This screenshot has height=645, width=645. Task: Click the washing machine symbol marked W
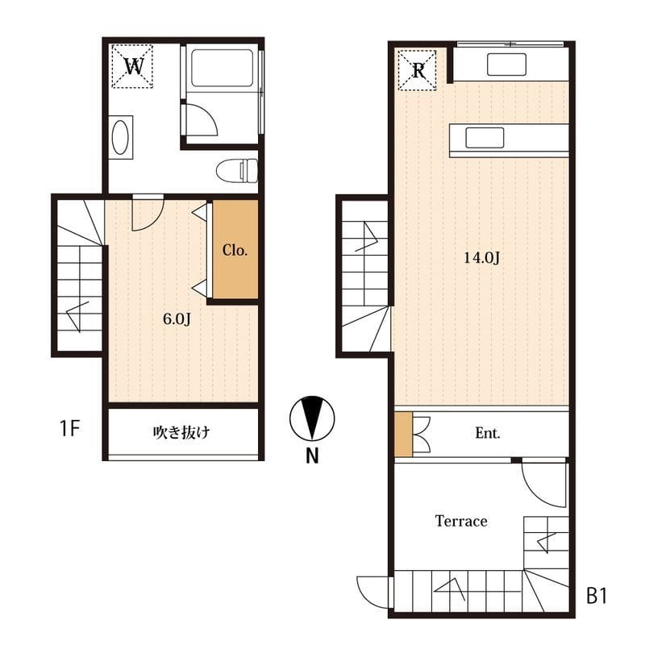click(132, 66)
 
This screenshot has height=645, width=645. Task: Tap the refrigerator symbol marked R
click(418, 70)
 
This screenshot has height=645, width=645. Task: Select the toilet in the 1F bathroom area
click(237, 171)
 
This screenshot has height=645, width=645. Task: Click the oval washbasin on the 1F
click(120, 137)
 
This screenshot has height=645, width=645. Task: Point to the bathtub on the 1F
click(223, 69)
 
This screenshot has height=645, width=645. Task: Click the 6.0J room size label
click(177, 318)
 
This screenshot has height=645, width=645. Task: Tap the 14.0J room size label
click(481, 258)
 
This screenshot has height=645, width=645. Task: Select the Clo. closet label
click(235, 250)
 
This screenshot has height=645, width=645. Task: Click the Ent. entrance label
click(488, 433)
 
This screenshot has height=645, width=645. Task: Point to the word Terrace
click(461, 521)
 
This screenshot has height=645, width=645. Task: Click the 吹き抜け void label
click(181, 432)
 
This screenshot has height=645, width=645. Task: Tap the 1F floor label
click(69, 428)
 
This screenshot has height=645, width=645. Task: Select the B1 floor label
click(597, 596)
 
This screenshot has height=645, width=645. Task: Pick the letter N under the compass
click(312, 456)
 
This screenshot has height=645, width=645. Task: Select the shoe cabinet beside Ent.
click(404, 434)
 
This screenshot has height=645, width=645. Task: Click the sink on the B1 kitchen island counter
click(485, 138)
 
